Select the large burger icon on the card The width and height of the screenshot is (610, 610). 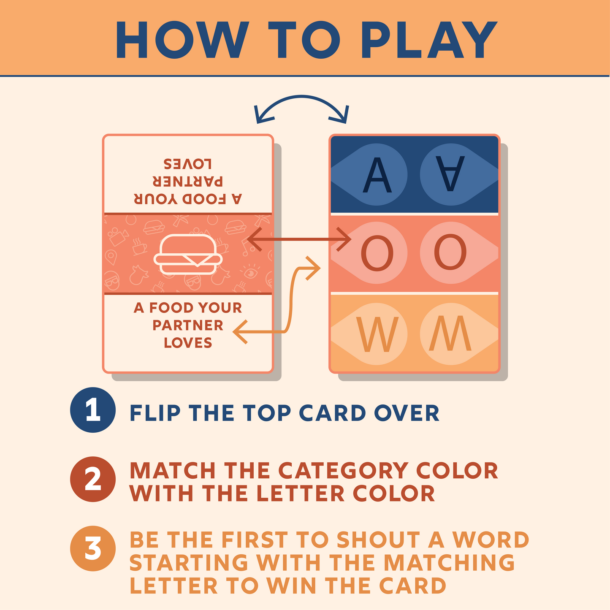click(x=188, y=254)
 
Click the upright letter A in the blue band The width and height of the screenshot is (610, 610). click(x=377, y=174)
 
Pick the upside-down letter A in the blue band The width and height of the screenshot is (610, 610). click(x=450, y=174)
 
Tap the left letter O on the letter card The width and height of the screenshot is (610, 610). click(x=377, y=252)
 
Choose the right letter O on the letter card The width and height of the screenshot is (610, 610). click(x=450, y=252)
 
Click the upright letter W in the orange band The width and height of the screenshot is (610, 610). click(x=377, y=334)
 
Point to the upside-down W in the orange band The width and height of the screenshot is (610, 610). click(x=450, y=333)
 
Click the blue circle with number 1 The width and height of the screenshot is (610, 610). click(x=93, y=410)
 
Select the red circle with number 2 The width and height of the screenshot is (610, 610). click(x=93, y=479)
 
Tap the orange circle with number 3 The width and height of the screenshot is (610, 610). click(x=93, y=549)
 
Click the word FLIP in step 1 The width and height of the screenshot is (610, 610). click(x=155, y=413)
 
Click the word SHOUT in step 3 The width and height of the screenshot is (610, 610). click(x=378, y=540)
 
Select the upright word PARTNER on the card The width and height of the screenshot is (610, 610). click(x=188, y=325)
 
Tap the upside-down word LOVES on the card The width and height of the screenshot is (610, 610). click(x=188, y=164)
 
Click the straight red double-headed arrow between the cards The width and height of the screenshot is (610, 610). click(x=299, y=239)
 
